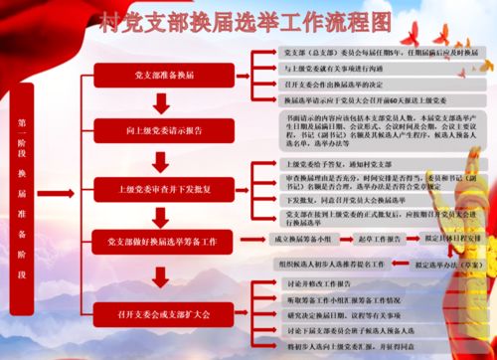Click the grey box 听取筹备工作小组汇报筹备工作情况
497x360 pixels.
pyautogui.click(x=338, y=299)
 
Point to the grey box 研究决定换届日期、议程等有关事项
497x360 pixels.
pyautogui.click(x=338, y=314)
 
